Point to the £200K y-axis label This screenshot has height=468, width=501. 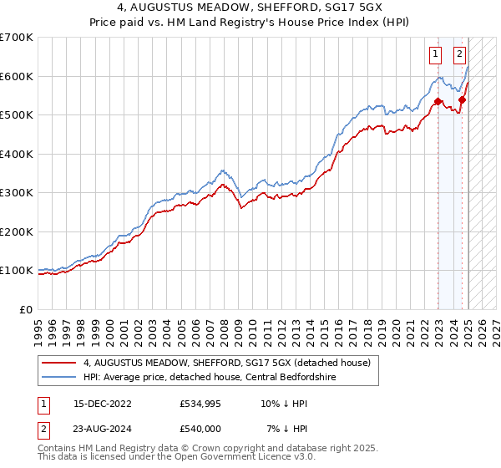tap(17, 231)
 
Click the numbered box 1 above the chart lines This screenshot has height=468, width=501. tap(436, 55)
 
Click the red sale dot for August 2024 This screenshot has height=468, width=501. tap(462, 100)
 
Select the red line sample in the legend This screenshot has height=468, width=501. tap(60, 363)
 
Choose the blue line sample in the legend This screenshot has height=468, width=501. tap(60, 377)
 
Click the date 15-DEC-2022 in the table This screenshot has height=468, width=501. tap(103, 403)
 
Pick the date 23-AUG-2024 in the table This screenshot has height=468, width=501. tap(103, 428)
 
